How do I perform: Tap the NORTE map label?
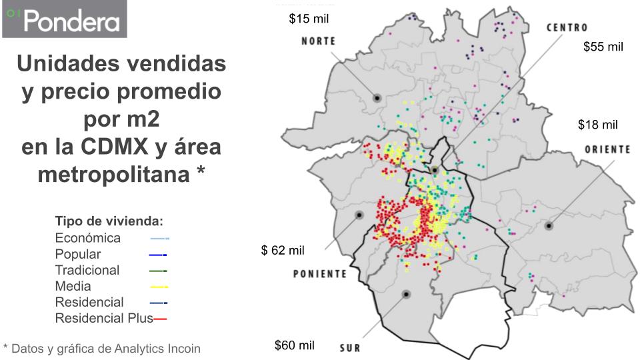point(318,41)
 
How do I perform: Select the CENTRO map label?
point(567,28)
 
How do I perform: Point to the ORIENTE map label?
point(607,149)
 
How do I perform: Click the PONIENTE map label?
point(320,274)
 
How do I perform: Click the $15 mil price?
point(309,19)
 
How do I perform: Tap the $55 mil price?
point(603,47)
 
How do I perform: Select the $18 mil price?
point(597,125)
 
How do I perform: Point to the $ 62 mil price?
point(282,251)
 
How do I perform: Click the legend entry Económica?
point(88,238)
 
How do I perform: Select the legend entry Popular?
point(78,254)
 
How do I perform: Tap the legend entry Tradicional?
point(87,270)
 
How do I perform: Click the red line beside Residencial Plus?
point(160,319)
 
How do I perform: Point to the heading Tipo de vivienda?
point(109,221)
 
